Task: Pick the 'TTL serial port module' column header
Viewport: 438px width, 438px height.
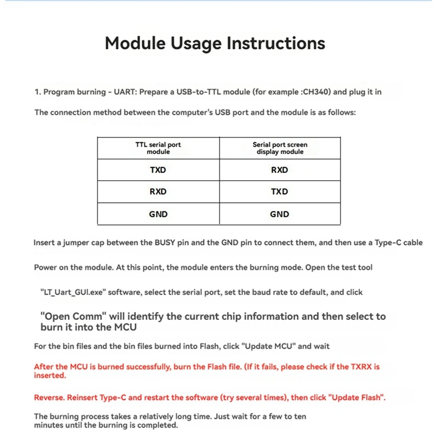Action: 158,148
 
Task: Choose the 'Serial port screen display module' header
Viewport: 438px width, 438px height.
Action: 280,148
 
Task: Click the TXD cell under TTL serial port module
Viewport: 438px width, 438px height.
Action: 158,170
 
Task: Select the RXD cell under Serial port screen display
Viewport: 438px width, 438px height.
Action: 280,170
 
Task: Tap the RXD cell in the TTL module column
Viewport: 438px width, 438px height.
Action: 158,192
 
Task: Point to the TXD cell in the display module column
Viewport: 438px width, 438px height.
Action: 280,192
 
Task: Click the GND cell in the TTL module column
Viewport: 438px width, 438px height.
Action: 158,214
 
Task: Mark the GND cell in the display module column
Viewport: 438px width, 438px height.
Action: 280,214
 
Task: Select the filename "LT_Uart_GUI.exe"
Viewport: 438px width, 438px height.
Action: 73,292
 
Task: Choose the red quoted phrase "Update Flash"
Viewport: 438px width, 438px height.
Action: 356,397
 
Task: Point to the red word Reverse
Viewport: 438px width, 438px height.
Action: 50,397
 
